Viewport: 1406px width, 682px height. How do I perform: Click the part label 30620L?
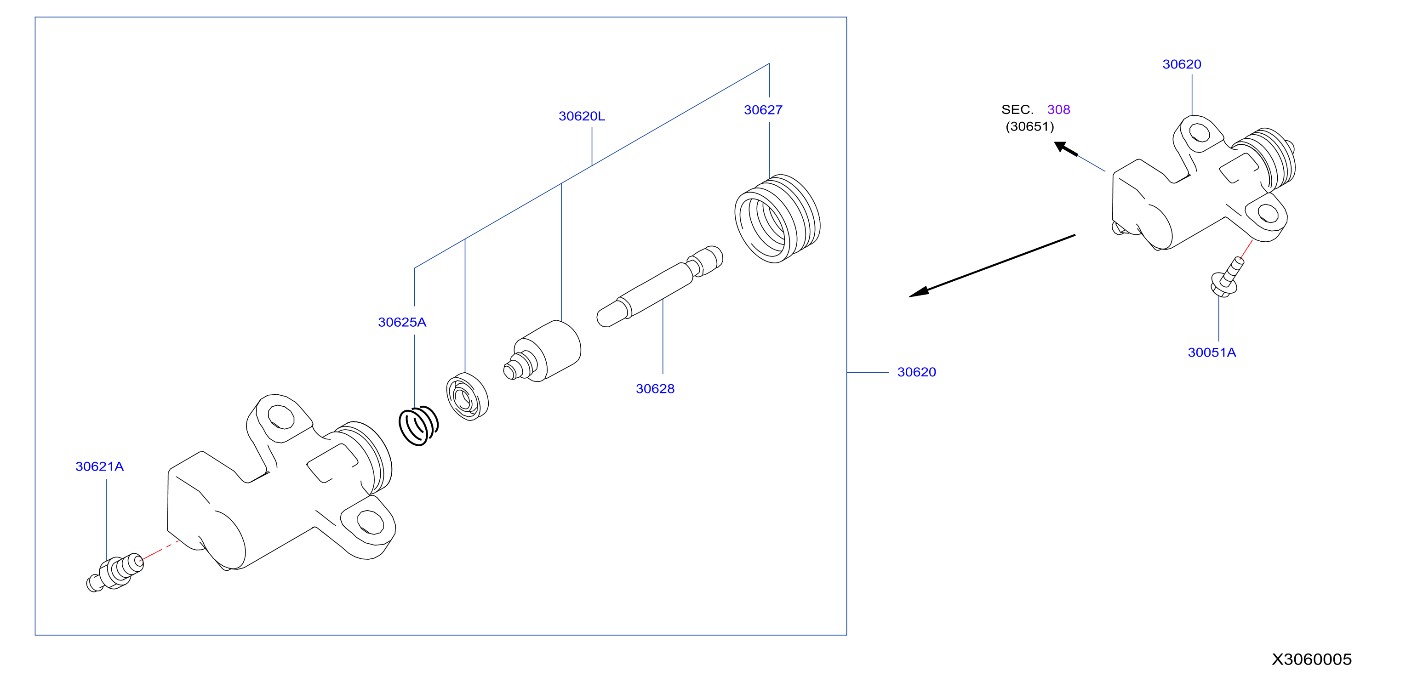click(581, 116)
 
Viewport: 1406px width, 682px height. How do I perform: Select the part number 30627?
click(763, 110)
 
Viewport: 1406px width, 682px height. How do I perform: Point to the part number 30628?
click(655, 388)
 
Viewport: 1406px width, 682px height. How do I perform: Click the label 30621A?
click(99, 466)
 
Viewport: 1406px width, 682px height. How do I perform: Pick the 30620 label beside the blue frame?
click(916, 372)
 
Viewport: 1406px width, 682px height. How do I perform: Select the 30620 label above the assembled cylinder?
click(1182, 64)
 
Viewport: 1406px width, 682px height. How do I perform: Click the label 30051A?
click(1212, 352)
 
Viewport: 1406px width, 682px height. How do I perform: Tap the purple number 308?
click(1058, 110)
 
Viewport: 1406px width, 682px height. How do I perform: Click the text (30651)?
click(1029, 126)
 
